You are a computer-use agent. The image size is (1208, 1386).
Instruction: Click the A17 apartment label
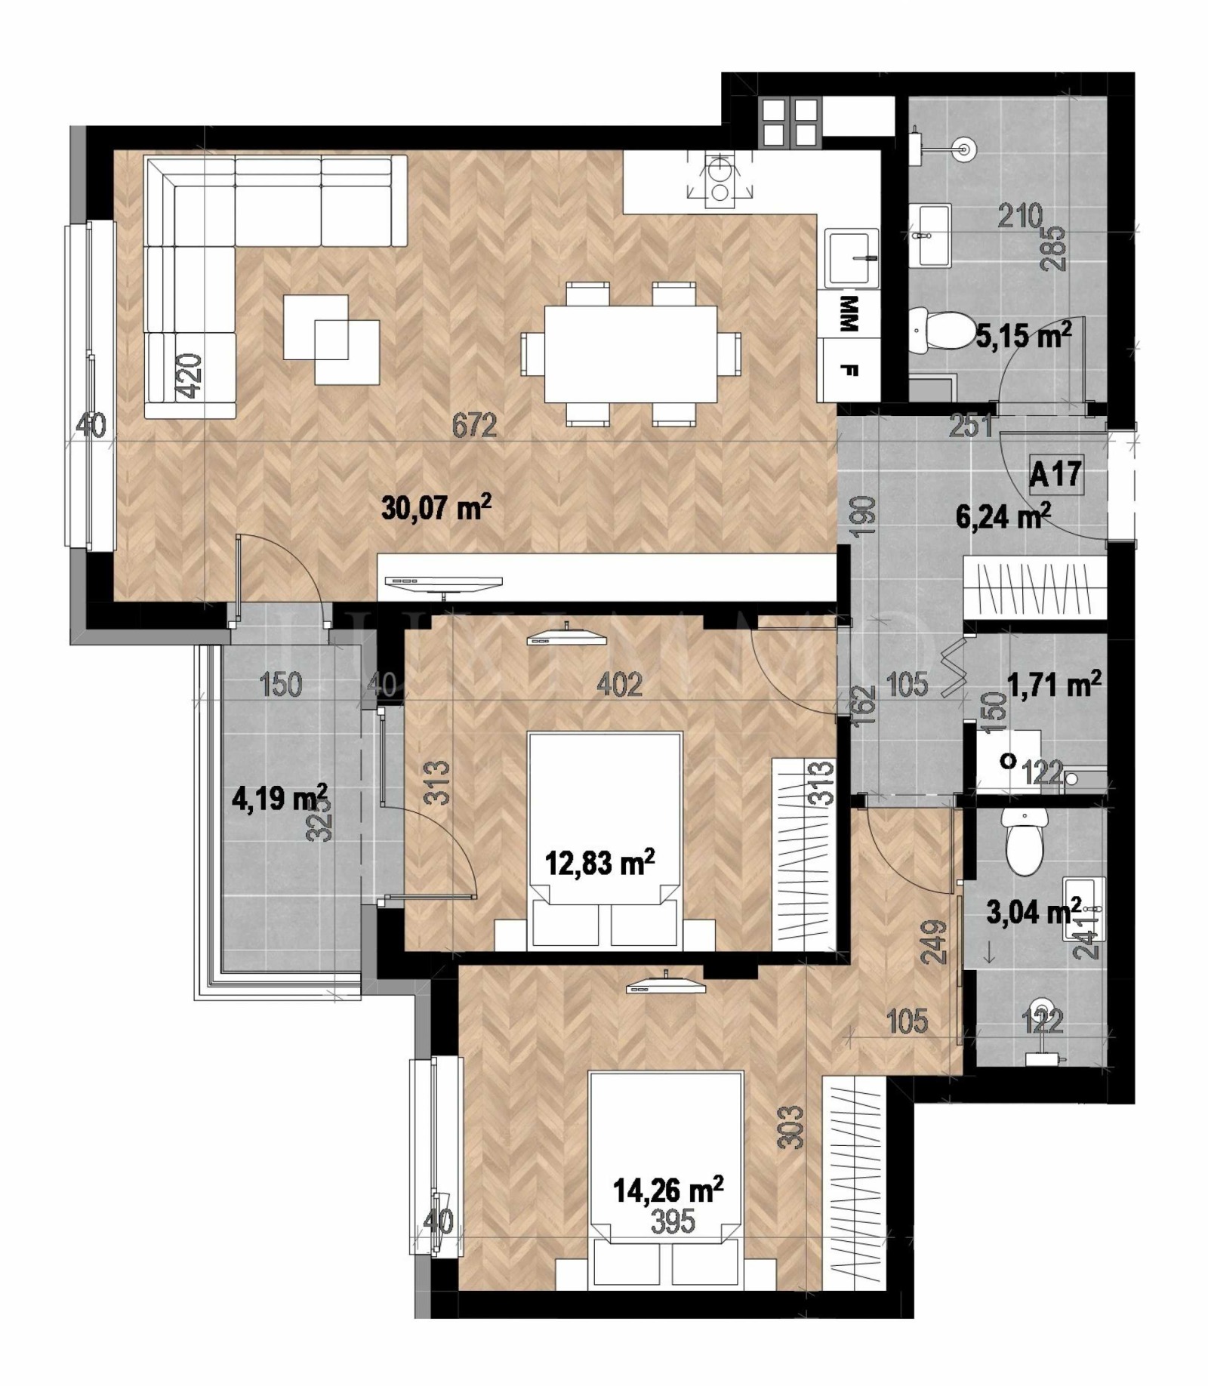point(1055,475)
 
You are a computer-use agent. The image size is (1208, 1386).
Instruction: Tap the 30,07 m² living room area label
point(436,507)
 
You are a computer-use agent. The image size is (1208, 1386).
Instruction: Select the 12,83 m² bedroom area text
point(599,861)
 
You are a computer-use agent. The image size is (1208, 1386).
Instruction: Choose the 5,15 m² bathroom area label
point(1024,334)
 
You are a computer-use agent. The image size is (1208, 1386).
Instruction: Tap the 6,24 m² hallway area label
point(1003,517)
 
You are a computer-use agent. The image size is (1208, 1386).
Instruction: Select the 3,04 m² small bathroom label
point(1034,912)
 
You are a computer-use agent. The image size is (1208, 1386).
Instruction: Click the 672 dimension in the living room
point(474,426)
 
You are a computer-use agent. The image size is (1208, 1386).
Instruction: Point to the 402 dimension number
point(619,685)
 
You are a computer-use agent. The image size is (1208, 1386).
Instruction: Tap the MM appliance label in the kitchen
point(849,314)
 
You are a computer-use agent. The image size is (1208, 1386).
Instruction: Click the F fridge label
point(849,371)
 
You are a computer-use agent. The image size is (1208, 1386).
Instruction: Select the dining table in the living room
point(630,353)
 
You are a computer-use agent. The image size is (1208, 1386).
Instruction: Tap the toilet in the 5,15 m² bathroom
point(941,330)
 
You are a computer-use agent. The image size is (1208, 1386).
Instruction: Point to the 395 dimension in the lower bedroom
point(672,1221)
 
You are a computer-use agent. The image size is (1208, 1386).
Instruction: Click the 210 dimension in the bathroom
point(1019,217)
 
